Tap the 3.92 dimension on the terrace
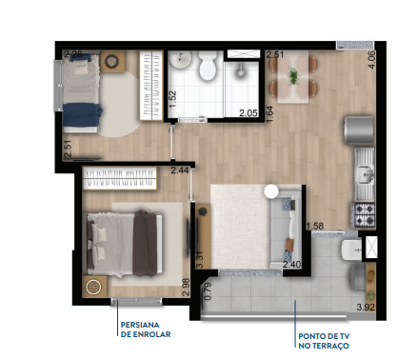coord(366,307)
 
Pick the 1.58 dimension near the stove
coord(319,226)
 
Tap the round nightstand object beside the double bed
coord(93,286)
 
